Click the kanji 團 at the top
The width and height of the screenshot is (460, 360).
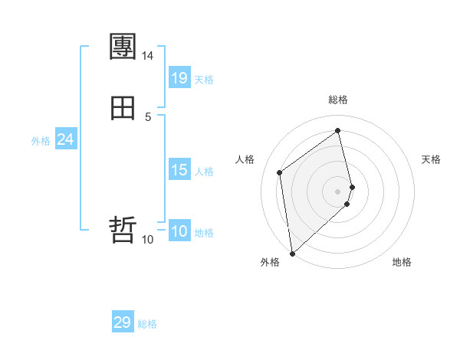pyautogui.click(x=123, y=47)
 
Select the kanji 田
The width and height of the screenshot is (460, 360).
pyautogui.click(x=123, y=107)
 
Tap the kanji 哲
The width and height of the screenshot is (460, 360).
pyautogui.click(x=123, y=229)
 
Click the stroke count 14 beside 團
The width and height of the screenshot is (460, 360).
pyautogui.click(x=147, y=56)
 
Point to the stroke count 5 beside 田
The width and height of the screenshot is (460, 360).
pyautogui.click(x=147, y=116)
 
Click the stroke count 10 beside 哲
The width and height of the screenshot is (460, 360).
pyautogui.click(x=147, y=239)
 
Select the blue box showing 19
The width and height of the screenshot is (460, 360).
pyautogui.click(x=179, y=78)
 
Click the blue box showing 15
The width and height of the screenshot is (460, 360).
pyautogui.click(x=179, y=170)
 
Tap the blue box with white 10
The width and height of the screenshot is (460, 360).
pyautogui.click(x=179, y=231)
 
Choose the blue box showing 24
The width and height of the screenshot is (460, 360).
pyautogui.click(x=65, y=139)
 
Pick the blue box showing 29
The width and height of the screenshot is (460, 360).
pyautogui.click(x=122, y=322)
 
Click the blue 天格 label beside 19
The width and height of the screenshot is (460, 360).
pyautogui.click(x=204, y=80)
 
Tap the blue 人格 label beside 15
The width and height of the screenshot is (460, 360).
pyautogui.click(x=204, y=172)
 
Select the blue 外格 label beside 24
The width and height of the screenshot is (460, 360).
pyautogui.click(x=41, y=141)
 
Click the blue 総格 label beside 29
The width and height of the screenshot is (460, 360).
pyautogui.click(x=147, y=324)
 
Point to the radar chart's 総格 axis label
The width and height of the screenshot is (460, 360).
pyautogui.click(x=338, y=100)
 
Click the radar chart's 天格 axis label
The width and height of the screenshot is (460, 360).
pyautogui.click(x=431, y=159)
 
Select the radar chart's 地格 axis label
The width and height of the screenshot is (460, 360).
pyautogui.click(x=402, y=262)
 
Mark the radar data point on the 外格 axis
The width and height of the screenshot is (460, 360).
pyautogui.click(x=291, y=253)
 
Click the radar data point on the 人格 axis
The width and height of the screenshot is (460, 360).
pyautogui.click(x=280, y=172)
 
